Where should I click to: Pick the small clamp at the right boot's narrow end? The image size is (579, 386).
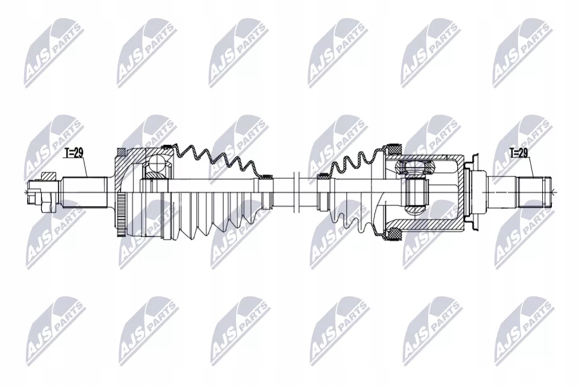click(x=323, y=177)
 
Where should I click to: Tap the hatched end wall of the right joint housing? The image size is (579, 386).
click(x=464, y=193)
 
